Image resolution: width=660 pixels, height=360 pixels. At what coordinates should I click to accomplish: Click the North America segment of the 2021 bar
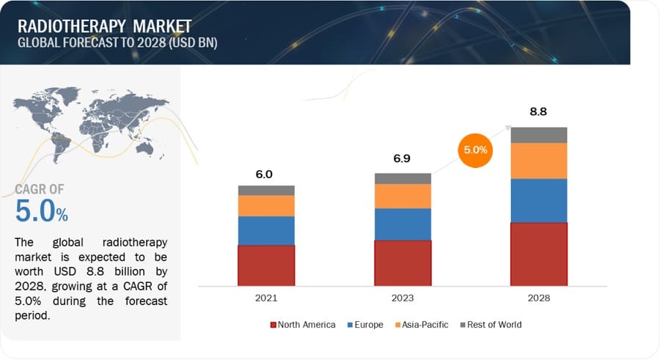[266, 265]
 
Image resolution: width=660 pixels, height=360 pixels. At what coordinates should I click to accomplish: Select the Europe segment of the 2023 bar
[403, 224]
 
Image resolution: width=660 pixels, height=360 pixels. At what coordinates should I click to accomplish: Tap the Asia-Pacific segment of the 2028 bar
[539, 161]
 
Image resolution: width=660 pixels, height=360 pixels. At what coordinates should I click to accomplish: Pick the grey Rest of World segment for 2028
[539, 135]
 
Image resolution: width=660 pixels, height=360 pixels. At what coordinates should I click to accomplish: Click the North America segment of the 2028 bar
[539, 254]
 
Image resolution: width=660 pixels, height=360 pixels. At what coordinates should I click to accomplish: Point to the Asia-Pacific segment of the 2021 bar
[266, 205]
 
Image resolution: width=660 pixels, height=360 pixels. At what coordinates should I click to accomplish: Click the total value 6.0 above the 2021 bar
[264, 175]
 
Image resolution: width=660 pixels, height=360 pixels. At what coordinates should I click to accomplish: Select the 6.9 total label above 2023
[402, 158]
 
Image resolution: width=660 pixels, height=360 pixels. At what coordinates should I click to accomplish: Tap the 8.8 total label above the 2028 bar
[539, 112]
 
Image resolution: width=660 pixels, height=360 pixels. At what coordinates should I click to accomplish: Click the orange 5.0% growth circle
[476, 151]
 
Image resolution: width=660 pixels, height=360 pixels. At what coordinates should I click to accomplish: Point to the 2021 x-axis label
[265, 298]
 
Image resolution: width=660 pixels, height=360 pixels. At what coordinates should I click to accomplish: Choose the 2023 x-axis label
[403, 298]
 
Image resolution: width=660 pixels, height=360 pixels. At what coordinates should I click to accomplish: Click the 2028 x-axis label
[538, 298]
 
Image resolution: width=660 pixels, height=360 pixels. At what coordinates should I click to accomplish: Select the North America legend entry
[303, 324]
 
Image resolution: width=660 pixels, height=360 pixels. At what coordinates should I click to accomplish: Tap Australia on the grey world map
[155, 147]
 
